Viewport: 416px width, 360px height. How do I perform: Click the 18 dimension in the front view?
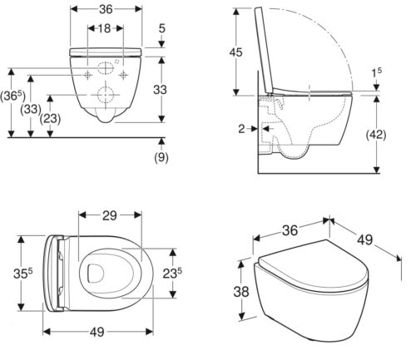105,28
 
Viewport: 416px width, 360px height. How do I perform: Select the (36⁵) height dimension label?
12,96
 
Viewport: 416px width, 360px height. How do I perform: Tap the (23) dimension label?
50,119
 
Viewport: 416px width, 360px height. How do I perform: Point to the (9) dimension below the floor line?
161,157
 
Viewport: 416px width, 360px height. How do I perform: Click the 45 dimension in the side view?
235,52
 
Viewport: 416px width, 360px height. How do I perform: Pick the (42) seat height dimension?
376,135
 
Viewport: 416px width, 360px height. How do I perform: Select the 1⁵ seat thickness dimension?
376,72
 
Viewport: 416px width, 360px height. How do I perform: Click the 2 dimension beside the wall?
242,129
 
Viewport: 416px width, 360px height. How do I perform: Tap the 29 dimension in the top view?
110,215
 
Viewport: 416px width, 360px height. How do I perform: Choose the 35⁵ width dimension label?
23,274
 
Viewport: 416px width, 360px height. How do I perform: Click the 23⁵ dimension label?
172,274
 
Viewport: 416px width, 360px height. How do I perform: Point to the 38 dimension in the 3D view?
241,292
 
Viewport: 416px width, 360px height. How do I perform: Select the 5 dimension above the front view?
161,28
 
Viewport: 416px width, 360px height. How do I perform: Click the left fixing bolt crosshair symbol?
87,75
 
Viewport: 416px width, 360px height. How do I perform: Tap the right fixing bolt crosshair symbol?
123,75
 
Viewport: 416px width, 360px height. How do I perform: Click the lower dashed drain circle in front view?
106,95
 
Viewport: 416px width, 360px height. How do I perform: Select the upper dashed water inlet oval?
106,68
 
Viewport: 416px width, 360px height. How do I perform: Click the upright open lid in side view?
264,50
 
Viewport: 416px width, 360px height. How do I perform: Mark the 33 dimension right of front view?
160,90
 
